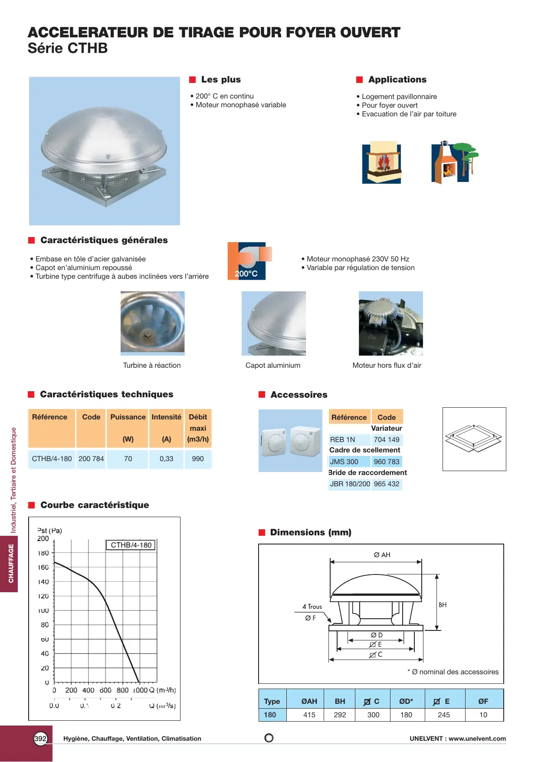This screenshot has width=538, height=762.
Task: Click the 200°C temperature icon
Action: click(x=246, y=261)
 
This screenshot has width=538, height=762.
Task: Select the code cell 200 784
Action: click(x=91, y=459)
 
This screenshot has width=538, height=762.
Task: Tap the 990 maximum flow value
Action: click(x=198, y=459)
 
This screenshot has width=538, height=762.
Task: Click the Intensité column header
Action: click(x=166, y=417)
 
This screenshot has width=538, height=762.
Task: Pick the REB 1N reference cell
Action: click(x=343, y=440)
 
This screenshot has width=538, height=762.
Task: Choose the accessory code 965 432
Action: click(x=387, y=484)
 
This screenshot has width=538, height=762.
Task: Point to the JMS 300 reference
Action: click(x=344, y=462)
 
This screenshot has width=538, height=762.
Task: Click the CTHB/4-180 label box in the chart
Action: click(x=131, y=545)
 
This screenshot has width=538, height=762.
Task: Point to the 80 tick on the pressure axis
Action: click(x=45, y=625)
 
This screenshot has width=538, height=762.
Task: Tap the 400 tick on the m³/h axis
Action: click(x=88, y=690)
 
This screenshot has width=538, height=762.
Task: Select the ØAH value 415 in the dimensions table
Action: click(x=309, y=715)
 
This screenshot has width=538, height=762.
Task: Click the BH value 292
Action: click(x=340, y=715)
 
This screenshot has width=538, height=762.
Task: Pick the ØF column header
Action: click(x=483, y=702)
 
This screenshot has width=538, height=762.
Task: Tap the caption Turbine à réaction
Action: click(x=152, y=366)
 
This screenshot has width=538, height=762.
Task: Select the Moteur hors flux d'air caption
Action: click(x=387, y=366)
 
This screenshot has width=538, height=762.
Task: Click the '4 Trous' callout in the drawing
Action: click(x=312, y=607)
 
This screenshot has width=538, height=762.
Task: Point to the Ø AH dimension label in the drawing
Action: click(x=382, y=555)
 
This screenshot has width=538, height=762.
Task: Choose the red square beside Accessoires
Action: click(x=262, y=395)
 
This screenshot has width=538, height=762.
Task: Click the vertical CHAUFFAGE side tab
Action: click(x=11, y=564)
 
